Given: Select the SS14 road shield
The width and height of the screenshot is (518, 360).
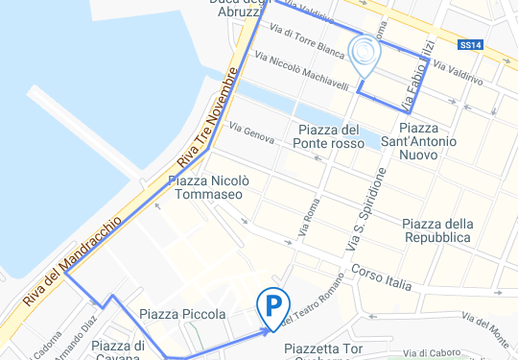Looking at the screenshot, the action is point(470,44).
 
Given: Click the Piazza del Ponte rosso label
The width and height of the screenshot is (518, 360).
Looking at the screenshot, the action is point(329,136).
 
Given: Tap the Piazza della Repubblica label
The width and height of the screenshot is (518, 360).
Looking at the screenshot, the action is point(436,229).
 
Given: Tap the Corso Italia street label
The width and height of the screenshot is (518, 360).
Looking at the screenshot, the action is point(381,276).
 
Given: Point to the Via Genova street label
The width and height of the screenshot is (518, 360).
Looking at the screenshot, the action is point(252,135).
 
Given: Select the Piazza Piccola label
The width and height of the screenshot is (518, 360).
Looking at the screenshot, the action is point(182,314).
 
